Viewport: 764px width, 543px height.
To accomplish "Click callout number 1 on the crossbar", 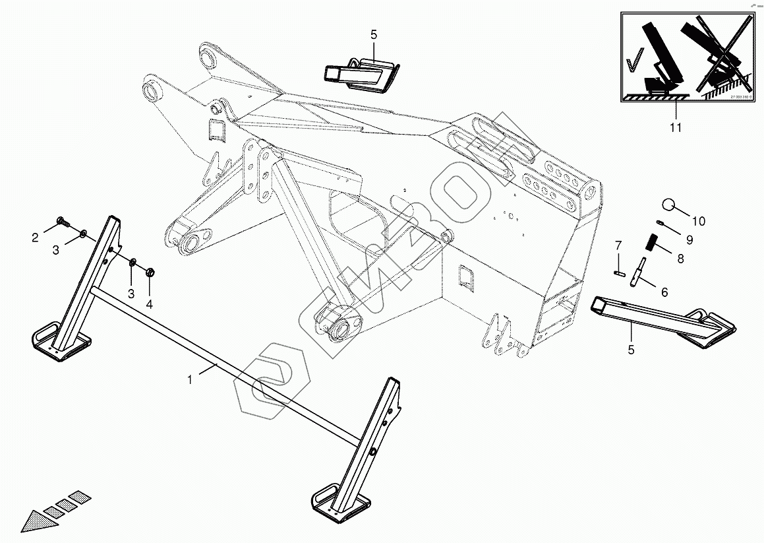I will (x=191, y=379).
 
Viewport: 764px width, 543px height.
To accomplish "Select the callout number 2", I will (x=35, y=238).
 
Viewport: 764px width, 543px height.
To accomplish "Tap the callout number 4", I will (x=150, y=304).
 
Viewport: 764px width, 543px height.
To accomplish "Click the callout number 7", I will (x=618, y=245).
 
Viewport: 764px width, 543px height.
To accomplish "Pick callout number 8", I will (x=679, y=259).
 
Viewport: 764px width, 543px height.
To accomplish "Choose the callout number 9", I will (x=689, y=239).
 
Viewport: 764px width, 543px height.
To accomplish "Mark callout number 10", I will (x=699, y=221).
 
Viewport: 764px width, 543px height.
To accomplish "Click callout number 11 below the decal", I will (x=676, y=127).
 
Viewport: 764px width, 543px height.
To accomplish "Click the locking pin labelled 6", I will (x=638, y=272).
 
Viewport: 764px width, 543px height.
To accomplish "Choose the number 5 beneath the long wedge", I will (x=631, y=350).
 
